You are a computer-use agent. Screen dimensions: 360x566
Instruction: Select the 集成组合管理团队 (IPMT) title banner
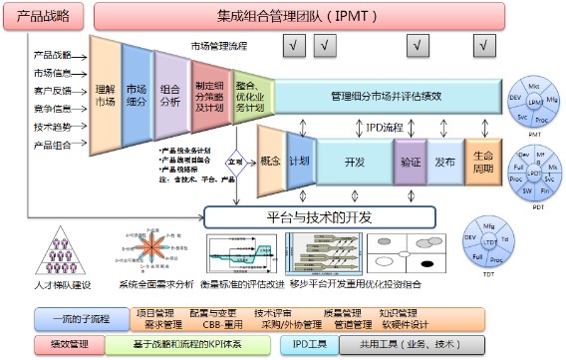tap(315, 17)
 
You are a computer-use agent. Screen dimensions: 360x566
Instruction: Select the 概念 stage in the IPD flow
tap(269, 160)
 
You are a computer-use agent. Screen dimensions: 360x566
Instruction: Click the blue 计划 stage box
tap(299, 160)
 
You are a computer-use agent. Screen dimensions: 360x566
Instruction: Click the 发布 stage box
tap(445, 160)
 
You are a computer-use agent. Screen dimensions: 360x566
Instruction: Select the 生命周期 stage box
tap(483, 160)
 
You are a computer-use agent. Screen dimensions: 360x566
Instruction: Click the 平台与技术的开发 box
tap(320, 215)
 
